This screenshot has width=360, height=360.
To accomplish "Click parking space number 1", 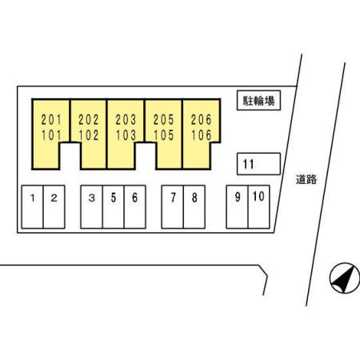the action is [32, 207].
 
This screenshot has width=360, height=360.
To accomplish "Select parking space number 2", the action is [54, 207].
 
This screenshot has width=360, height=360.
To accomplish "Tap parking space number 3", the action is [91, 207].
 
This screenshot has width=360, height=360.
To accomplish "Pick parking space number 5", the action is [114, 207].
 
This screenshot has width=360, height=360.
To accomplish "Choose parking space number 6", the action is [135, 207].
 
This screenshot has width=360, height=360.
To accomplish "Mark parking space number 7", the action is [173, 207].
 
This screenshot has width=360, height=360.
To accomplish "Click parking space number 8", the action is [194, 207].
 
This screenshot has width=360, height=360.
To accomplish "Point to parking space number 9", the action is [237, 207].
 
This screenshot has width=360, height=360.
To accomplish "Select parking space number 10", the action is [259, 207].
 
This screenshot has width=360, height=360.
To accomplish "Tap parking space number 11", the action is [258, 164].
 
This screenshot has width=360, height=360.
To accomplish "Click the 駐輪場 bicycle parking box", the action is [258, 100].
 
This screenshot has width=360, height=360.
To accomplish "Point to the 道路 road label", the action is [306, 179].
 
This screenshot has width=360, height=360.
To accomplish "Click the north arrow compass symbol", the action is [345, 278].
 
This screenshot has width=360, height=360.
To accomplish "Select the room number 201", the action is [51, 120].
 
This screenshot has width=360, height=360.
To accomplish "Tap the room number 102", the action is [89, 135].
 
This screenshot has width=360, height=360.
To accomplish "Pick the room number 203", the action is [126, 120].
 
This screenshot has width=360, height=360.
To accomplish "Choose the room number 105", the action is [164, 135].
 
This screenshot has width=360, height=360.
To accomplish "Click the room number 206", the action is [202, 120].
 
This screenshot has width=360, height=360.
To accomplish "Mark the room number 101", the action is [51, 135].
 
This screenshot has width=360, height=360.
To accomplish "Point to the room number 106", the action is [202, 135].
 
